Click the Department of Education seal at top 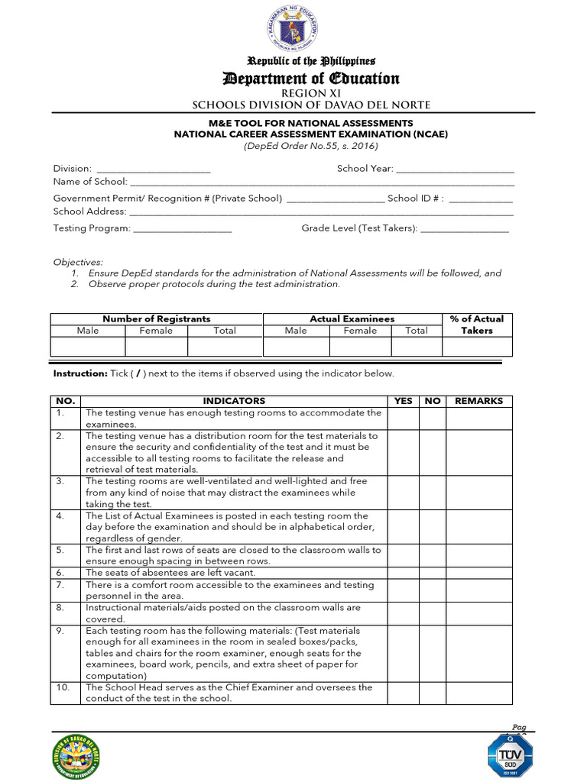(293, 30)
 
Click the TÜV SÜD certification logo (510, 752)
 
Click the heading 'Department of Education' (310, 79)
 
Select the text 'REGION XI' (310, 92)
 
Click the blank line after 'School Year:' (455, 170)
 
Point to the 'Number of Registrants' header (157, 318)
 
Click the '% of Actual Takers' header (477, 325)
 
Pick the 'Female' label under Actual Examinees (360, 331)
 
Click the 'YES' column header (403, 401)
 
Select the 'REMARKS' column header (478, 401)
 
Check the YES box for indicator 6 (403, 573)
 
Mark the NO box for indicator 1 (433, 418)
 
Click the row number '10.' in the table (63, 687)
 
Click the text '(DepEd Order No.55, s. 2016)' (310, 146)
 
